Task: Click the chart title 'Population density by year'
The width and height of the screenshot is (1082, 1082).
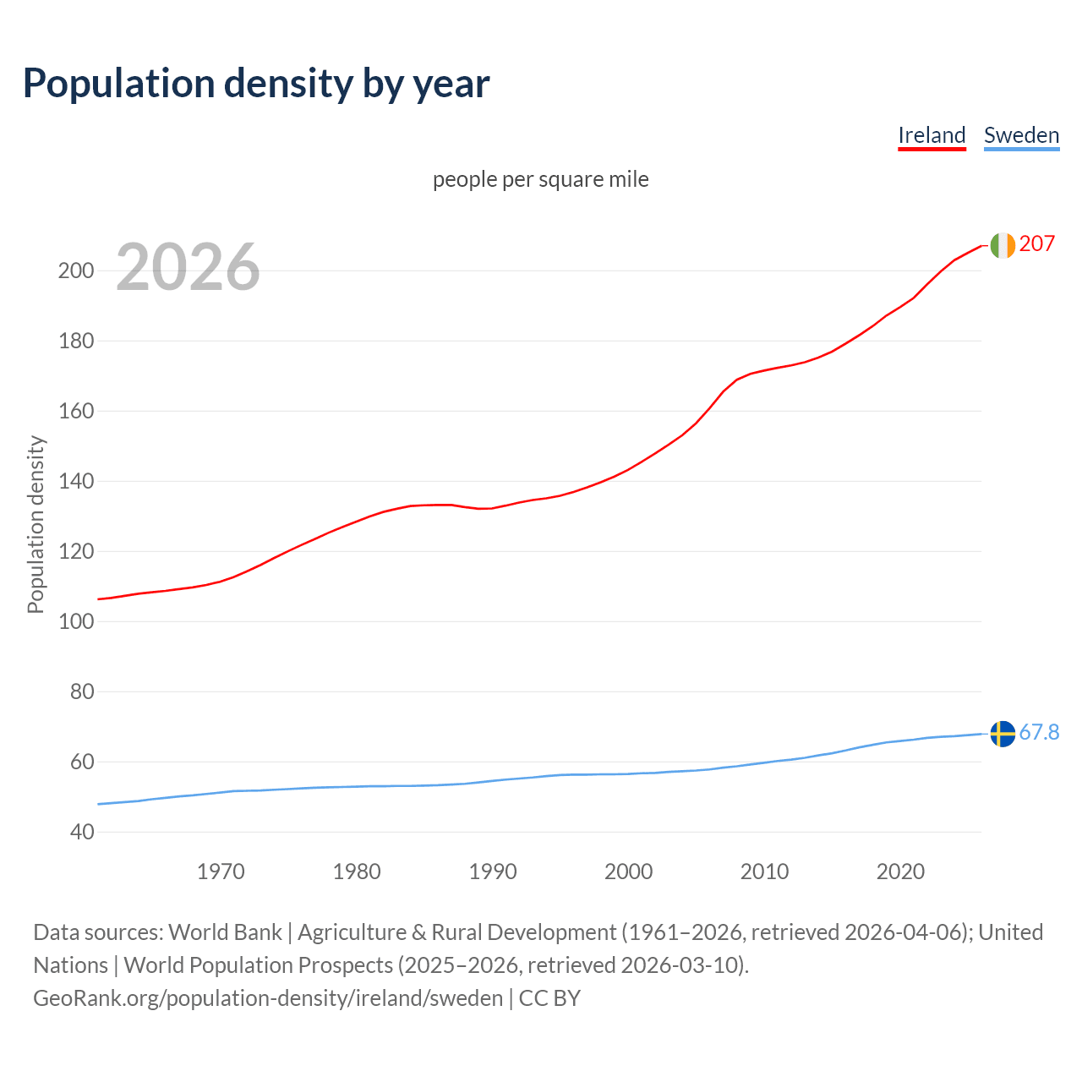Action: (256, 84)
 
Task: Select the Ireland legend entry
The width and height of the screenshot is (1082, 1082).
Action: (932, 135)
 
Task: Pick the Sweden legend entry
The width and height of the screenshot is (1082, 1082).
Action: (1021, 135)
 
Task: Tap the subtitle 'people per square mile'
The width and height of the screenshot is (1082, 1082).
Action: (541, 179)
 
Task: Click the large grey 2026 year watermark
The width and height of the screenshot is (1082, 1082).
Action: (188, 267)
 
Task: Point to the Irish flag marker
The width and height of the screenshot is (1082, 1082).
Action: (1003, 245)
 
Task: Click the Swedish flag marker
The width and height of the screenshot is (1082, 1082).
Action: (1003, 734)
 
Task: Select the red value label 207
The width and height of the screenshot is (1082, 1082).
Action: (1037, 244)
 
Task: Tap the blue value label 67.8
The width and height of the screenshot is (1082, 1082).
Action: (1039, 733)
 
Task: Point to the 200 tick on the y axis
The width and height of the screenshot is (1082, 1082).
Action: (75, 271)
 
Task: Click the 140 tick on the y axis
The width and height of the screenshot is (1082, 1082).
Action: (75, 482)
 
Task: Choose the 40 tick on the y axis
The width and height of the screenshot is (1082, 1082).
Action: (81, 833)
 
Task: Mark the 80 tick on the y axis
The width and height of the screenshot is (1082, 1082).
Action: (81, 692)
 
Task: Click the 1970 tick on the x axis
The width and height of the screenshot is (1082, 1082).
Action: (221, 872)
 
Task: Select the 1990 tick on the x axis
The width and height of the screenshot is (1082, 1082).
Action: (493, 872)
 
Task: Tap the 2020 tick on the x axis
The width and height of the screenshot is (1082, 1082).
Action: (900, 872)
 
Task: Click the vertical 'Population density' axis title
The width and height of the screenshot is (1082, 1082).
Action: (36, 524)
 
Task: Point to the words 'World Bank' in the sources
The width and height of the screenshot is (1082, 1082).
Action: (225, 932)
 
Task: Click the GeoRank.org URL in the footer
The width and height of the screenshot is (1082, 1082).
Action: (268, 998)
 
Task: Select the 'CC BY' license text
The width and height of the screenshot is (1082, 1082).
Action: (549, 998)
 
